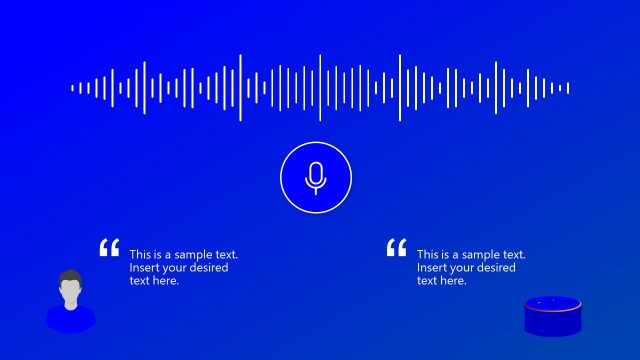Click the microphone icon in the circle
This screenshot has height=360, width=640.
coord(316,177)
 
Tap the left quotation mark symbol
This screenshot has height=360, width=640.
coord(109,248)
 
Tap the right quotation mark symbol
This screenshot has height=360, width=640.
coord(396,248)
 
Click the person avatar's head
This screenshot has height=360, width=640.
coord(70,292)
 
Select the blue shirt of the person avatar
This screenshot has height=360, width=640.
coord(70,320)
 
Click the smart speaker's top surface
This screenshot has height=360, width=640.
coord(553,303)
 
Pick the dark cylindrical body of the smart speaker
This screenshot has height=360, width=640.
coord(553,322)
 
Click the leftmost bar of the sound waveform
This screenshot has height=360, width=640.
coord(73,88)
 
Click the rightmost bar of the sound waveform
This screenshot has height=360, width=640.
coord(568,88)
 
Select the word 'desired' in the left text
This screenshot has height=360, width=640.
coord(208,268)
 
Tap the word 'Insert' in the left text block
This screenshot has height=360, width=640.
coord(144,268)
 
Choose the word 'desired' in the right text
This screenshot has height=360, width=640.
coord(496,268)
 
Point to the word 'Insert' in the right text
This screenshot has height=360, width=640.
coord(432,268)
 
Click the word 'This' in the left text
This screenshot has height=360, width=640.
coord(140,255)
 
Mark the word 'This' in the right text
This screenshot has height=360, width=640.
coord(428,255)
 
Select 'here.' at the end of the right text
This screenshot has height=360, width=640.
coord(453,281)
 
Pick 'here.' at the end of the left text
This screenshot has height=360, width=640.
coord(165,281)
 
